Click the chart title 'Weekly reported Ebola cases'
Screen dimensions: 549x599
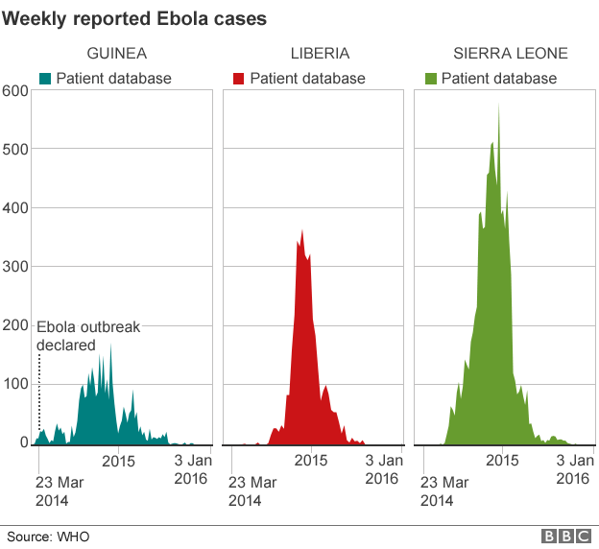coord(134,17)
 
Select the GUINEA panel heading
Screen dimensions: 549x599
coord(117,54)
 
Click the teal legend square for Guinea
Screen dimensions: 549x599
coord(44,79)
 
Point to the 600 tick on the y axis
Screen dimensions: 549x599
coord(15,91)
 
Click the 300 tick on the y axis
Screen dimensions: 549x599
coord(15,267)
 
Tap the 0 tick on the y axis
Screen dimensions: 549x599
coord(23,442)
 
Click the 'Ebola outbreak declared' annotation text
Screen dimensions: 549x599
coord(88,335)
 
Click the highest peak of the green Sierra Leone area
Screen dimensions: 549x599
coord(498,105)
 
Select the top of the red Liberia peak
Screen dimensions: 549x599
coord(302,231)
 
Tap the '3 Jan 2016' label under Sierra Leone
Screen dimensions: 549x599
coord(572,469)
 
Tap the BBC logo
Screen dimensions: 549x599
coord(564,536)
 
